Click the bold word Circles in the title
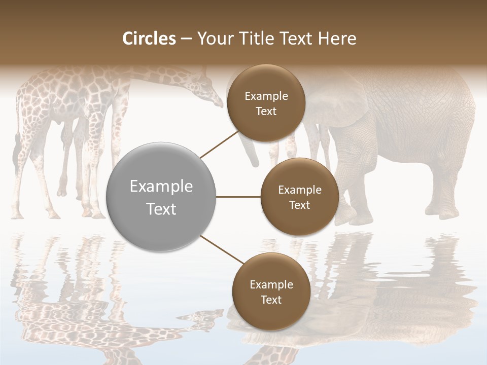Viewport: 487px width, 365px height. [149, 39]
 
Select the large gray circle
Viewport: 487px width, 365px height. [161, 197]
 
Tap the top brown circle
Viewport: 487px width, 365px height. [266, 103]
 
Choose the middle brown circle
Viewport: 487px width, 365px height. [299, 197]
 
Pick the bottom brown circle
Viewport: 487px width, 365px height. [271, 291]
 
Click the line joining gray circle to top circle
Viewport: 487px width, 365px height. [220, 143]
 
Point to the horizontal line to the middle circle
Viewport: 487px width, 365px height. [238, 197]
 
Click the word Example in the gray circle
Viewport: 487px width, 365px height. [161, 187]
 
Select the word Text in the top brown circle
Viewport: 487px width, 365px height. [266, 111]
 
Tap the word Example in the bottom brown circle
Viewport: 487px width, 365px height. [271, 284]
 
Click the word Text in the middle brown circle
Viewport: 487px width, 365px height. [299, 205]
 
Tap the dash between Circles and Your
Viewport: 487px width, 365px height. [186, 39]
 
